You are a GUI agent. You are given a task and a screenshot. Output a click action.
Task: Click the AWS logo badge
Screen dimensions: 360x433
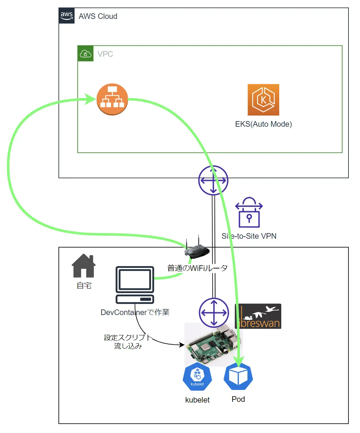click(x=66, y=16)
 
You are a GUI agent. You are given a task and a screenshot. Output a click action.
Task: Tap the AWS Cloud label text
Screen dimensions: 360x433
click(x=98, y=16)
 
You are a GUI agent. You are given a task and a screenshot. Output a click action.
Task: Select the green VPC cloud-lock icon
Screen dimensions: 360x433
click(x=85, y=54)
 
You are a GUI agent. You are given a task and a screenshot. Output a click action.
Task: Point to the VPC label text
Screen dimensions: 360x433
click(x=105, y=54)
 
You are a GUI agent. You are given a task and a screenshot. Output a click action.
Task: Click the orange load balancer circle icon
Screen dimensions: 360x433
click(x=112, y=99)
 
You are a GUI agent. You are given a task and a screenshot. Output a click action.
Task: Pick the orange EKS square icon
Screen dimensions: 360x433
click(x=263, y=99)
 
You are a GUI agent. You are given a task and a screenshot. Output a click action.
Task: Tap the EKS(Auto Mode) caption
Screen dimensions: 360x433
click(x=263, y=124)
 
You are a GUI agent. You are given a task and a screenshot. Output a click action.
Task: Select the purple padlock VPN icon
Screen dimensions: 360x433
click(x=249, y=212)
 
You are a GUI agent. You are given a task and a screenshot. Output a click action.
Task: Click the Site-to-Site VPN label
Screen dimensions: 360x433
click(x=249, y=236)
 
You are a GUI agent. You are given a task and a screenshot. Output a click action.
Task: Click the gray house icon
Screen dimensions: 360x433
click(x=84, y=266)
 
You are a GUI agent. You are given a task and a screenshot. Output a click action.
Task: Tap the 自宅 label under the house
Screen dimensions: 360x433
click(x=84, y=286)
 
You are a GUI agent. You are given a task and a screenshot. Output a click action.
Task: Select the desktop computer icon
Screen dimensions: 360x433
click(x=135, y=285)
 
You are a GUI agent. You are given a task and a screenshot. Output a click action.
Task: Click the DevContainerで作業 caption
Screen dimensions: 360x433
click(x=135, y=312)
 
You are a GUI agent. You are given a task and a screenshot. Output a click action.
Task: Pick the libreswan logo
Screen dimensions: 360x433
click(x=258, y=316)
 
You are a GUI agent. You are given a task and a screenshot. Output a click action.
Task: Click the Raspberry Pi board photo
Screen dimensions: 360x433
click(x=213, y=345)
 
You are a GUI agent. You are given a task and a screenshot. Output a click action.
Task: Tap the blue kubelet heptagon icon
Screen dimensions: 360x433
click(x=197, y=376)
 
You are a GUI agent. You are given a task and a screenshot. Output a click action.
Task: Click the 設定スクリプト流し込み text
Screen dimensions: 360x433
click(x=128, y=342)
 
